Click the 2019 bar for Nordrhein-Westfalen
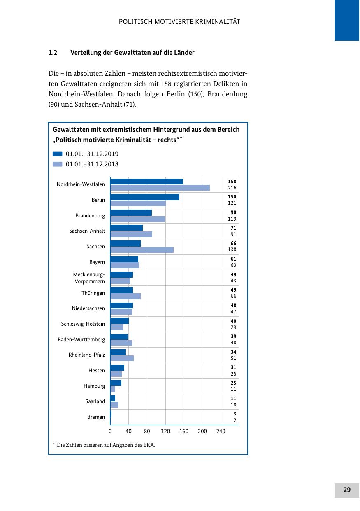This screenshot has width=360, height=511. point(146,182)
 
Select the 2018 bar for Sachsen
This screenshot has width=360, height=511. point(142,250)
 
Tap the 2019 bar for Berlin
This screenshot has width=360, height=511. point(145,197)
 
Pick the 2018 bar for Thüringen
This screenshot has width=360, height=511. point(125,296)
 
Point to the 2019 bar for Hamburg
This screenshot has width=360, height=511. point(116,383)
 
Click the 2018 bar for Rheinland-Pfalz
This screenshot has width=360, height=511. point(122,358)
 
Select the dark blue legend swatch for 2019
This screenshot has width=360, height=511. point(58,154)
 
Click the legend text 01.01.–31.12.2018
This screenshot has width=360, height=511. point(92,164)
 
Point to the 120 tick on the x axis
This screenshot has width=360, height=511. point(165,432)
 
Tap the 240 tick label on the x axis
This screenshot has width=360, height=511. point(221,432)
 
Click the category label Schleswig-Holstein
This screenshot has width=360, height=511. point(83,324)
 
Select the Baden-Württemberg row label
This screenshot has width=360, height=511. point(81,340)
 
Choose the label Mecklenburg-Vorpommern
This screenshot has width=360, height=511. point(89,278)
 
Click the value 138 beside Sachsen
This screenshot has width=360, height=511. point(232,250)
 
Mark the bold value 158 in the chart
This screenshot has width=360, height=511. point(232,182)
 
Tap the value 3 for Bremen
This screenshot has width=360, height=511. point(235,414)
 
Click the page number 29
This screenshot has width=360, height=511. point(347,490)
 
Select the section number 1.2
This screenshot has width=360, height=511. point(53,53)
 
